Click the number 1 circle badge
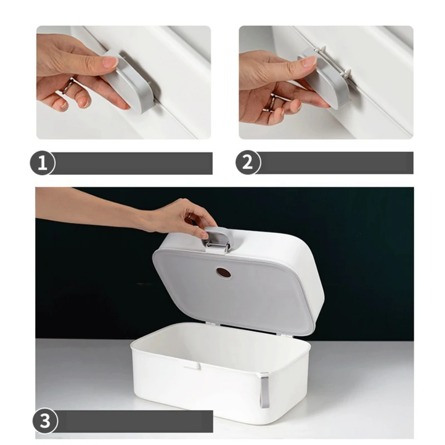click(x=42, y=163)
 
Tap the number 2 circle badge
click(x=248, y=162)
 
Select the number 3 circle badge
click(x=45, y=421)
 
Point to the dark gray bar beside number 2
click(x=337, y=163)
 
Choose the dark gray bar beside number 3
click(x=135, y=422)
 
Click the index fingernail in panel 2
click(x=309, y=61)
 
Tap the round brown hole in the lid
click(x=224, y=273)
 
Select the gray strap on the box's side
click(x=265, y=390)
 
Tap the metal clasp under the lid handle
click(x=217, y=246)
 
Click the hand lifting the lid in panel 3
click(x=182, y=217)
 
